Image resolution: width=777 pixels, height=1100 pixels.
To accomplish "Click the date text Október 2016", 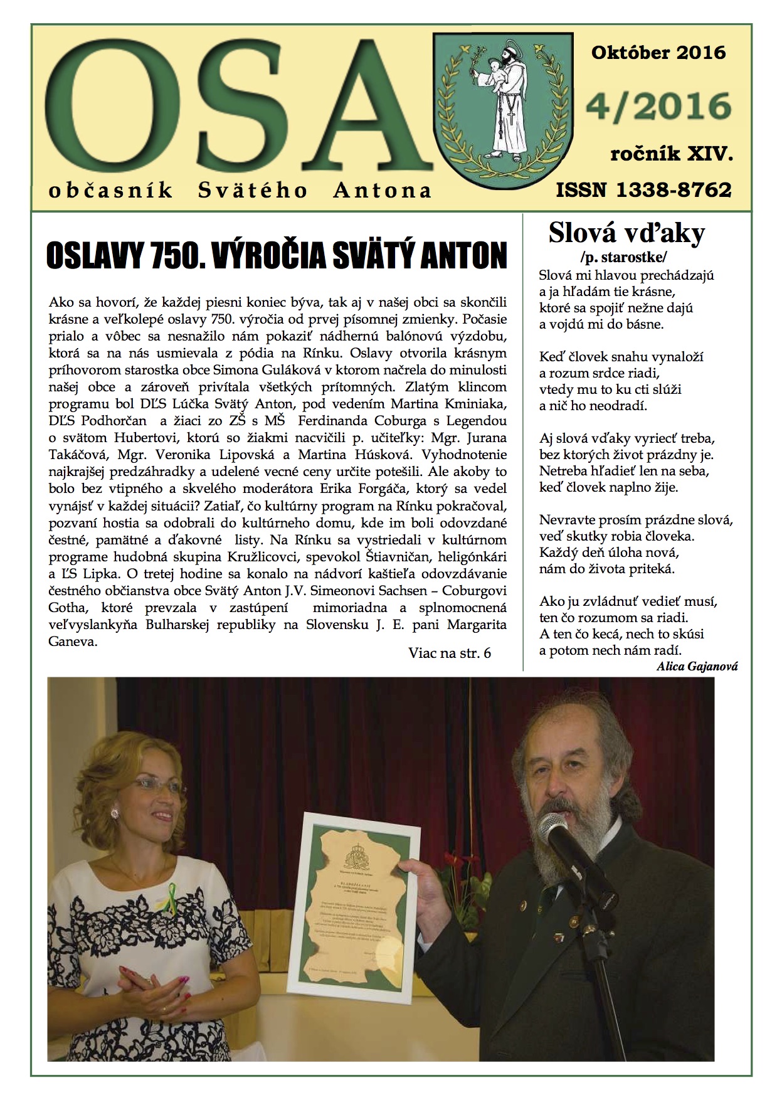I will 658,53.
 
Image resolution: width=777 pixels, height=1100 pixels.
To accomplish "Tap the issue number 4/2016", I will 658,107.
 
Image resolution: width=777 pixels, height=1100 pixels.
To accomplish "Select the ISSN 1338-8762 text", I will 643,189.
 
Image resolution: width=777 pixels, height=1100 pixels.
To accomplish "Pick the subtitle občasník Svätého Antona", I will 240,190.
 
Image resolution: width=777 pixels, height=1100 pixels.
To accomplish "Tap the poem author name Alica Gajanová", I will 697,666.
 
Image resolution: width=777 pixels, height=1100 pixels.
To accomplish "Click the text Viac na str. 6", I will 449,653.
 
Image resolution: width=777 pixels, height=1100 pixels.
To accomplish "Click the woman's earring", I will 115,813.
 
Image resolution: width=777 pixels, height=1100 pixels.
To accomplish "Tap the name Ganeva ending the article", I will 73,642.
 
